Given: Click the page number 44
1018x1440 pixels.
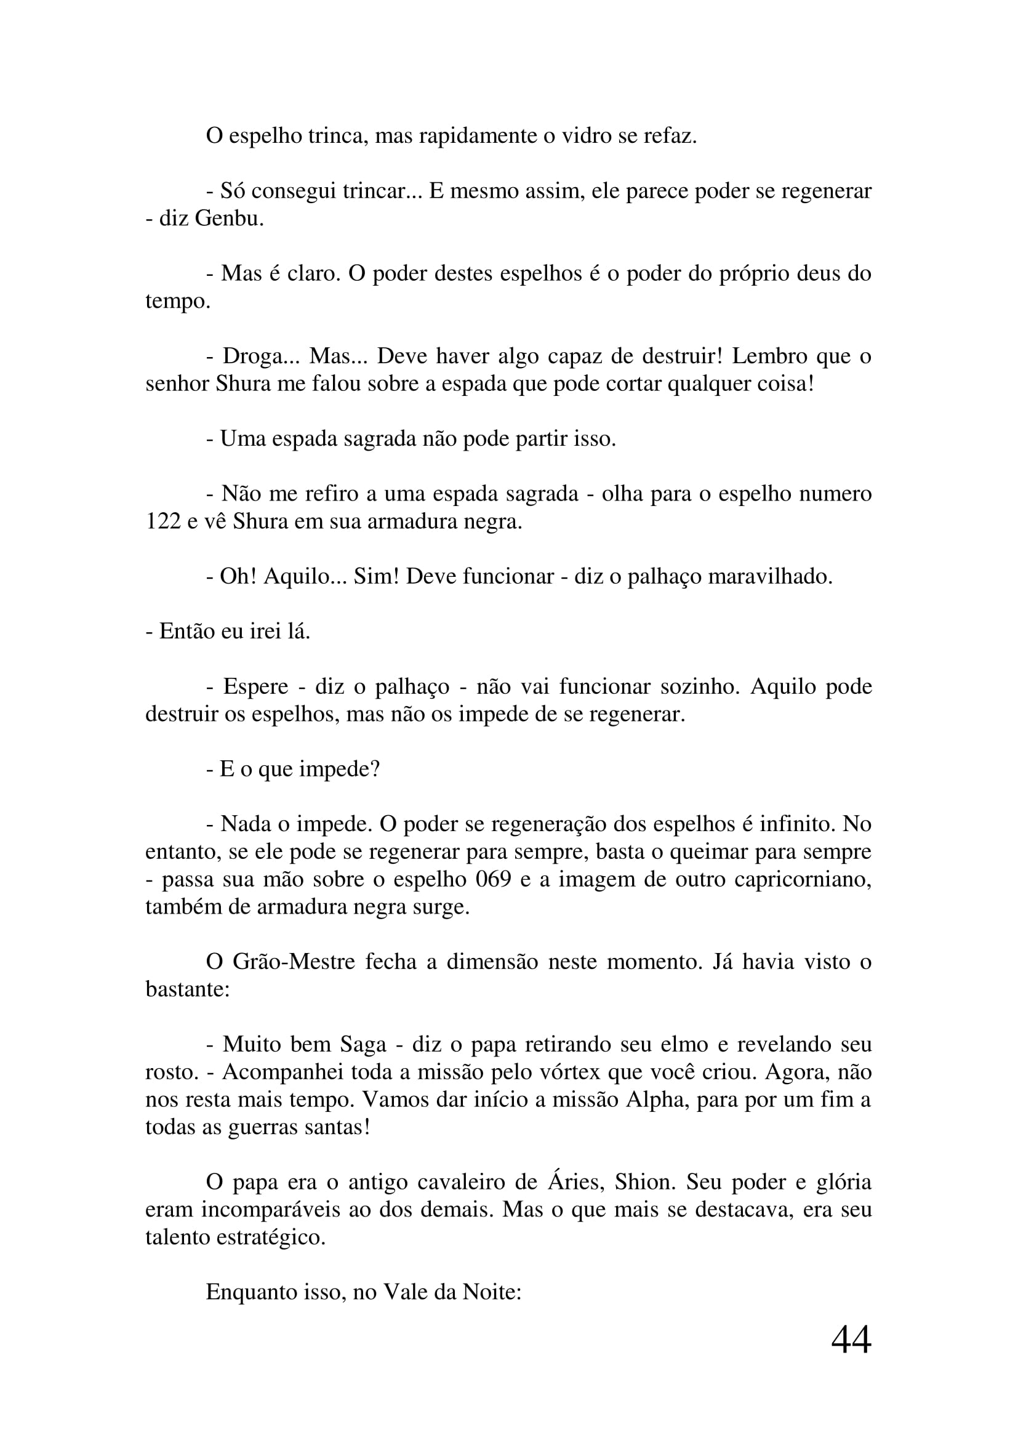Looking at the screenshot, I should pyautogui.click(x=851, y=1340).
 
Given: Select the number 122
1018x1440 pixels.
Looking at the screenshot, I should pyautogui.click(x=163, y=521).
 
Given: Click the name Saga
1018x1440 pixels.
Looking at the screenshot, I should pyautogui.click(x=363, y=1044).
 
